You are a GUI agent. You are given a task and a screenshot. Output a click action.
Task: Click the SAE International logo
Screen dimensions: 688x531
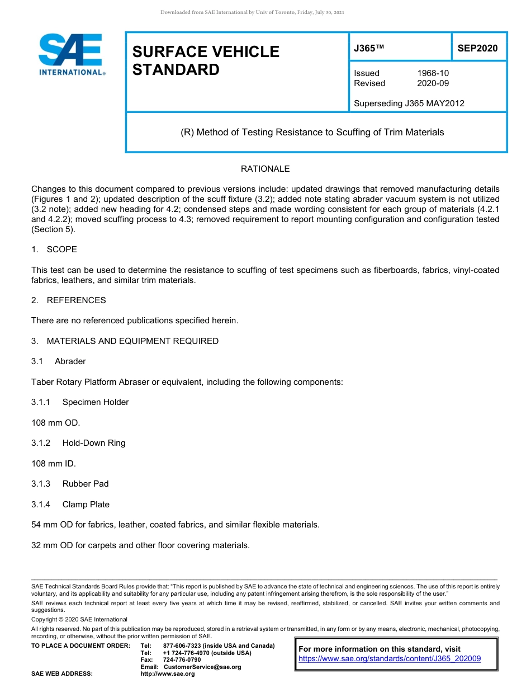[72, 55]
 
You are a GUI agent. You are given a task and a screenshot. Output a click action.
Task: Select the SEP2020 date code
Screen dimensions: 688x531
[477, 49]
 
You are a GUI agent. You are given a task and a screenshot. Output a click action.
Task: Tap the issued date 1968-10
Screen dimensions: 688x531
[433, 73]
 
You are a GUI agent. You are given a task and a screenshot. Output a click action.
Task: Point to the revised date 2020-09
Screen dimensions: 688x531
[433, 83]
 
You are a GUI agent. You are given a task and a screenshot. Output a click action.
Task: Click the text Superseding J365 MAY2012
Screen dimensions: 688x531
[409, 103]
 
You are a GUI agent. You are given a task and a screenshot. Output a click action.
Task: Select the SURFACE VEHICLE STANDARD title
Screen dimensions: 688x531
[205, 61]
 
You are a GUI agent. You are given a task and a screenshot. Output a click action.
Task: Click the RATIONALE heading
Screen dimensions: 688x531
[265, 169]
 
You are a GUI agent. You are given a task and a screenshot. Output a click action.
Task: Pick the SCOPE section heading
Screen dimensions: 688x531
[61, 249]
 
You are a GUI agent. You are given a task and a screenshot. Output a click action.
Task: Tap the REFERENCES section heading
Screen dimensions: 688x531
[76, 300]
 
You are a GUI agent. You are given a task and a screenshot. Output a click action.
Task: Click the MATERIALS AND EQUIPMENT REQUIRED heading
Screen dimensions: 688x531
[132, 341]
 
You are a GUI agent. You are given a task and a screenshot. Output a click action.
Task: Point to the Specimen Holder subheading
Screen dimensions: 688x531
[95, 402]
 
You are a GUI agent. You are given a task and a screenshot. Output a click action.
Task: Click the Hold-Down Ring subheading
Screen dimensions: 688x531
[93, 443]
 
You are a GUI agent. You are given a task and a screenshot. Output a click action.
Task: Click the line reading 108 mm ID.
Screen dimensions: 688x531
[54, 464]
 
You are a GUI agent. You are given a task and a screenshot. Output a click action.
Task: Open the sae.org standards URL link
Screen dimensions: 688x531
[390, 659]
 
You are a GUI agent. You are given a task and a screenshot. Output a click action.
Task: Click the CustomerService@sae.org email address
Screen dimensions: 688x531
[202, 667]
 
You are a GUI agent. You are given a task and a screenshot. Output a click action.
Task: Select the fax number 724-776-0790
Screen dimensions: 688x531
[182, 660]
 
